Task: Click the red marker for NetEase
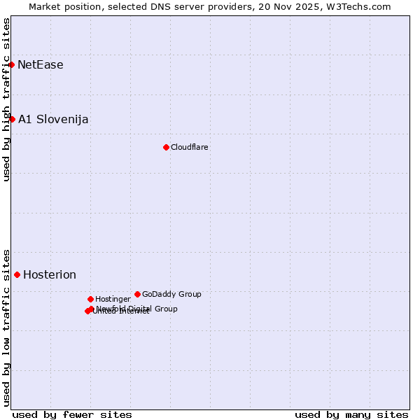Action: coord(12,64)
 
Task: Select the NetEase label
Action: coord(41,65)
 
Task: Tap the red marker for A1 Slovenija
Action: coord(12,119)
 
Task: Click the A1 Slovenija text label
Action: coord(53,120)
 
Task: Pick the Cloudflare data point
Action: coord(166,147)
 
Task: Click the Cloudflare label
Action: coord(190,148)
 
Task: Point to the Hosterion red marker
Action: coord(17,274)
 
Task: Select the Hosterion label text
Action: coord(50,275)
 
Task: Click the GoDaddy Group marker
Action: coord(137,294)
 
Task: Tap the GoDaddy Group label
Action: coord(171,295)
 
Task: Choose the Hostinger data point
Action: coord(90,299)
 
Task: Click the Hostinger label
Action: coord(113,300)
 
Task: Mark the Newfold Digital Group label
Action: coord(136,309)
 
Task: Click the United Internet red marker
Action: coord(87,311)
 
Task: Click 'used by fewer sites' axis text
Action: coord(72,415)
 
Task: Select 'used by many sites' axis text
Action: coord(351,415)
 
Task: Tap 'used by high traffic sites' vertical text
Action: coord(6,99)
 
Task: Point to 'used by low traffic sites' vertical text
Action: coord(6,328)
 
